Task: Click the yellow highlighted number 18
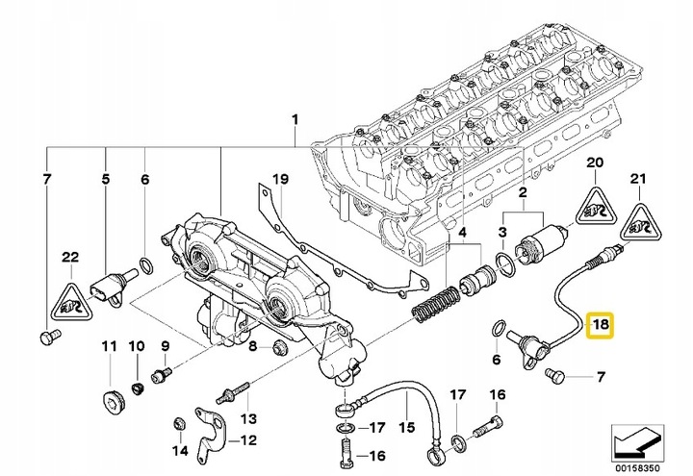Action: coord(600,325)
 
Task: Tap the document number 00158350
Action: coord(637,467)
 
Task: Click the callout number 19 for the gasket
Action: coord(280,179)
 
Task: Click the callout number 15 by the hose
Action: coord(406,427)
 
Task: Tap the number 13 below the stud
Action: coord(247,417)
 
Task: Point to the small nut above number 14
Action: coord(179,423)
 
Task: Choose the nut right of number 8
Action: coord(279,347)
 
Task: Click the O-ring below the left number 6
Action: coord(146,264)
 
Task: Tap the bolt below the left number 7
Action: coord(48,337)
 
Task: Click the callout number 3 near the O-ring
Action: coord(502,232)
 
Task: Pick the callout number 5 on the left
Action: coord(105,179)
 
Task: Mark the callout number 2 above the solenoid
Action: coord(523,192)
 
